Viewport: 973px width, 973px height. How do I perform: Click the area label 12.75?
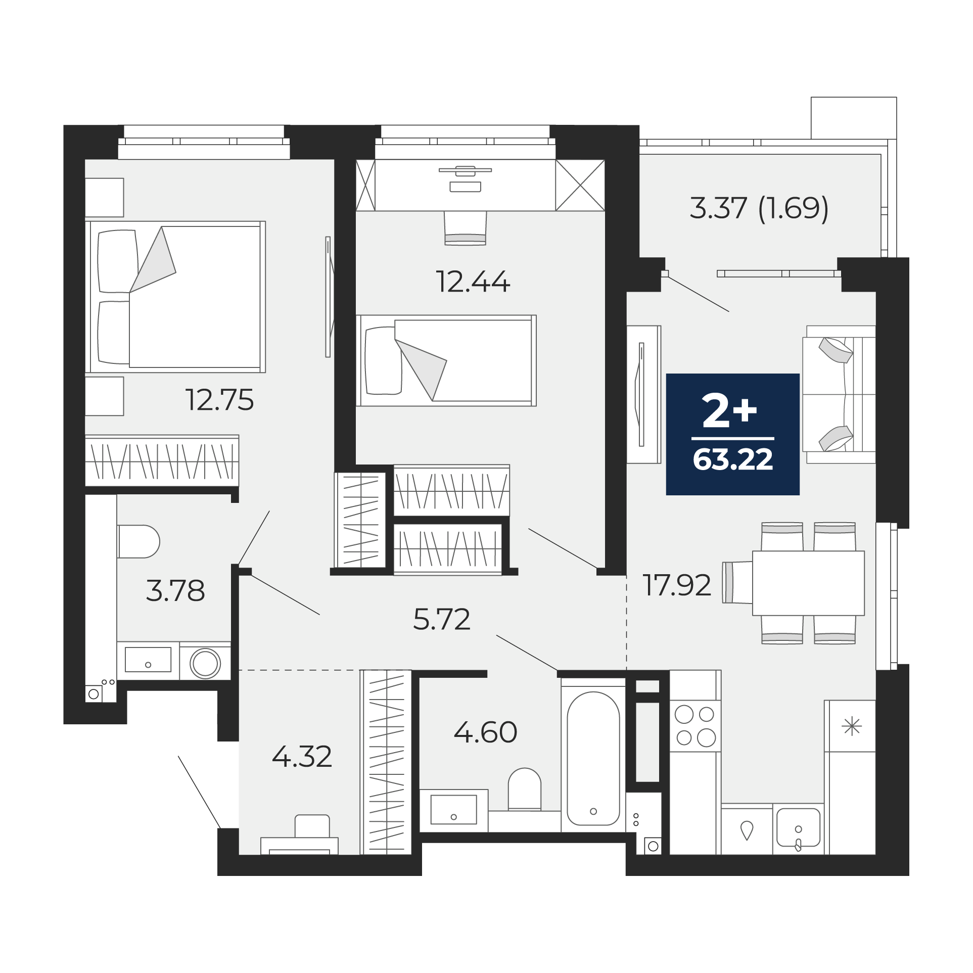point(220,400)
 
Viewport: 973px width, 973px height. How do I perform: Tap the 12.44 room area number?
point(473,282)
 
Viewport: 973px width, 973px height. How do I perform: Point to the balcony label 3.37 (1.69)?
point(759,208)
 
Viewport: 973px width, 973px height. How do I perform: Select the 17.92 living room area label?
point(677,585)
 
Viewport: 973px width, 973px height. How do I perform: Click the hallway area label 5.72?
point(442,619)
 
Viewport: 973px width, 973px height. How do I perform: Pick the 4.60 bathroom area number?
point(485,732)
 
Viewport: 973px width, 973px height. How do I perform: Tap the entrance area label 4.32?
point(302,757)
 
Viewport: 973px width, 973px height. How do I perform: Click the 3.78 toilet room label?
point(175,590)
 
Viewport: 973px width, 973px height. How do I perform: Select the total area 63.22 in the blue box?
point(733,460)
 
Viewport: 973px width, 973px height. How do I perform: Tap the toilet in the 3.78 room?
point(138,541)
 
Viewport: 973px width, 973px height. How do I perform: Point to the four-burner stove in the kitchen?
point(695,726)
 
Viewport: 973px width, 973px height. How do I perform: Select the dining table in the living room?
point(808,583)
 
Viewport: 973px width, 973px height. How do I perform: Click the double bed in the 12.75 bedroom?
point(175,297)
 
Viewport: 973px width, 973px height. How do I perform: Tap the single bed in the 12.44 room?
point(446,360)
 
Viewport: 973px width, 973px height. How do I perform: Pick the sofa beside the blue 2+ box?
point(839,394)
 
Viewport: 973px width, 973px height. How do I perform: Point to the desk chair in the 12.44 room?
point(465,228)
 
